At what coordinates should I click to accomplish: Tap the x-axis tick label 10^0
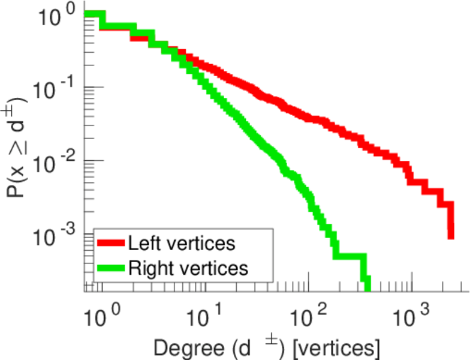coord(100,314)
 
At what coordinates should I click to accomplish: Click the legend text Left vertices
coord(181,244)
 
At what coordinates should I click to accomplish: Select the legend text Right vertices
coord(188,268)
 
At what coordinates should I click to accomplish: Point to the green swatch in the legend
coord(112,268)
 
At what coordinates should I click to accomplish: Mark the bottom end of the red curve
coord(451,237)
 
